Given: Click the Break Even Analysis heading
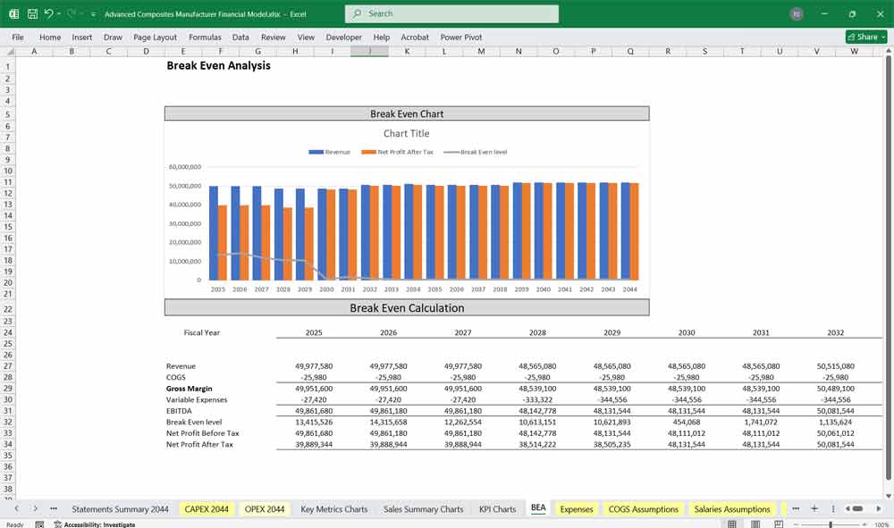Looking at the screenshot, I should (x=218, y=65).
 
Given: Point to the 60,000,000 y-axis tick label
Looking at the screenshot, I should (x=184, y=167).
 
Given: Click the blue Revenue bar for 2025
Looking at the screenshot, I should (x=214, y=232).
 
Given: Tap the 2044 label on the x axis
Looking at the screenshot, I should (x=629, y=289).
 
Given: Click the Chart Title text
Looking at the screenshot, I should (x=407, y=133).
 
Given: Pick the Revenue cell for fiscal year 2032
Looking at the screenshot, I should (x=835, y=366).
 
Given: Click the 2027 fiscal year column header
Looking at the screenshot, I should (x=462, y=332).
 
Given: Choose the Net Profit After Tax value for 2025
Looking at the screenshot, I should (x=314, y=444).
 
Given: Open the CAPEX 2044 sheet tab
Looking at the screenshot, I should (x=207, y=509).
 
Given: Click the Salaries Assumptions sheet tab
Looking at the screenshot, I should (x=731, y=509).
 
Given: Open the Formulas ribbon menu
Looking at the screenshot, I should (x=205, y=38).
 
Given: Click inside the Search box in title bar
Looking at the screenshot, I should (x=451, y=13).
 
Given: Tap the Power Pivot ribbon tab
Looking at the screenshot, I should (x=460, y=38).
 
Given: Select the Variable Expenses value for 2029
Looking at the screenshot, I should (x=612, y=399).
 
